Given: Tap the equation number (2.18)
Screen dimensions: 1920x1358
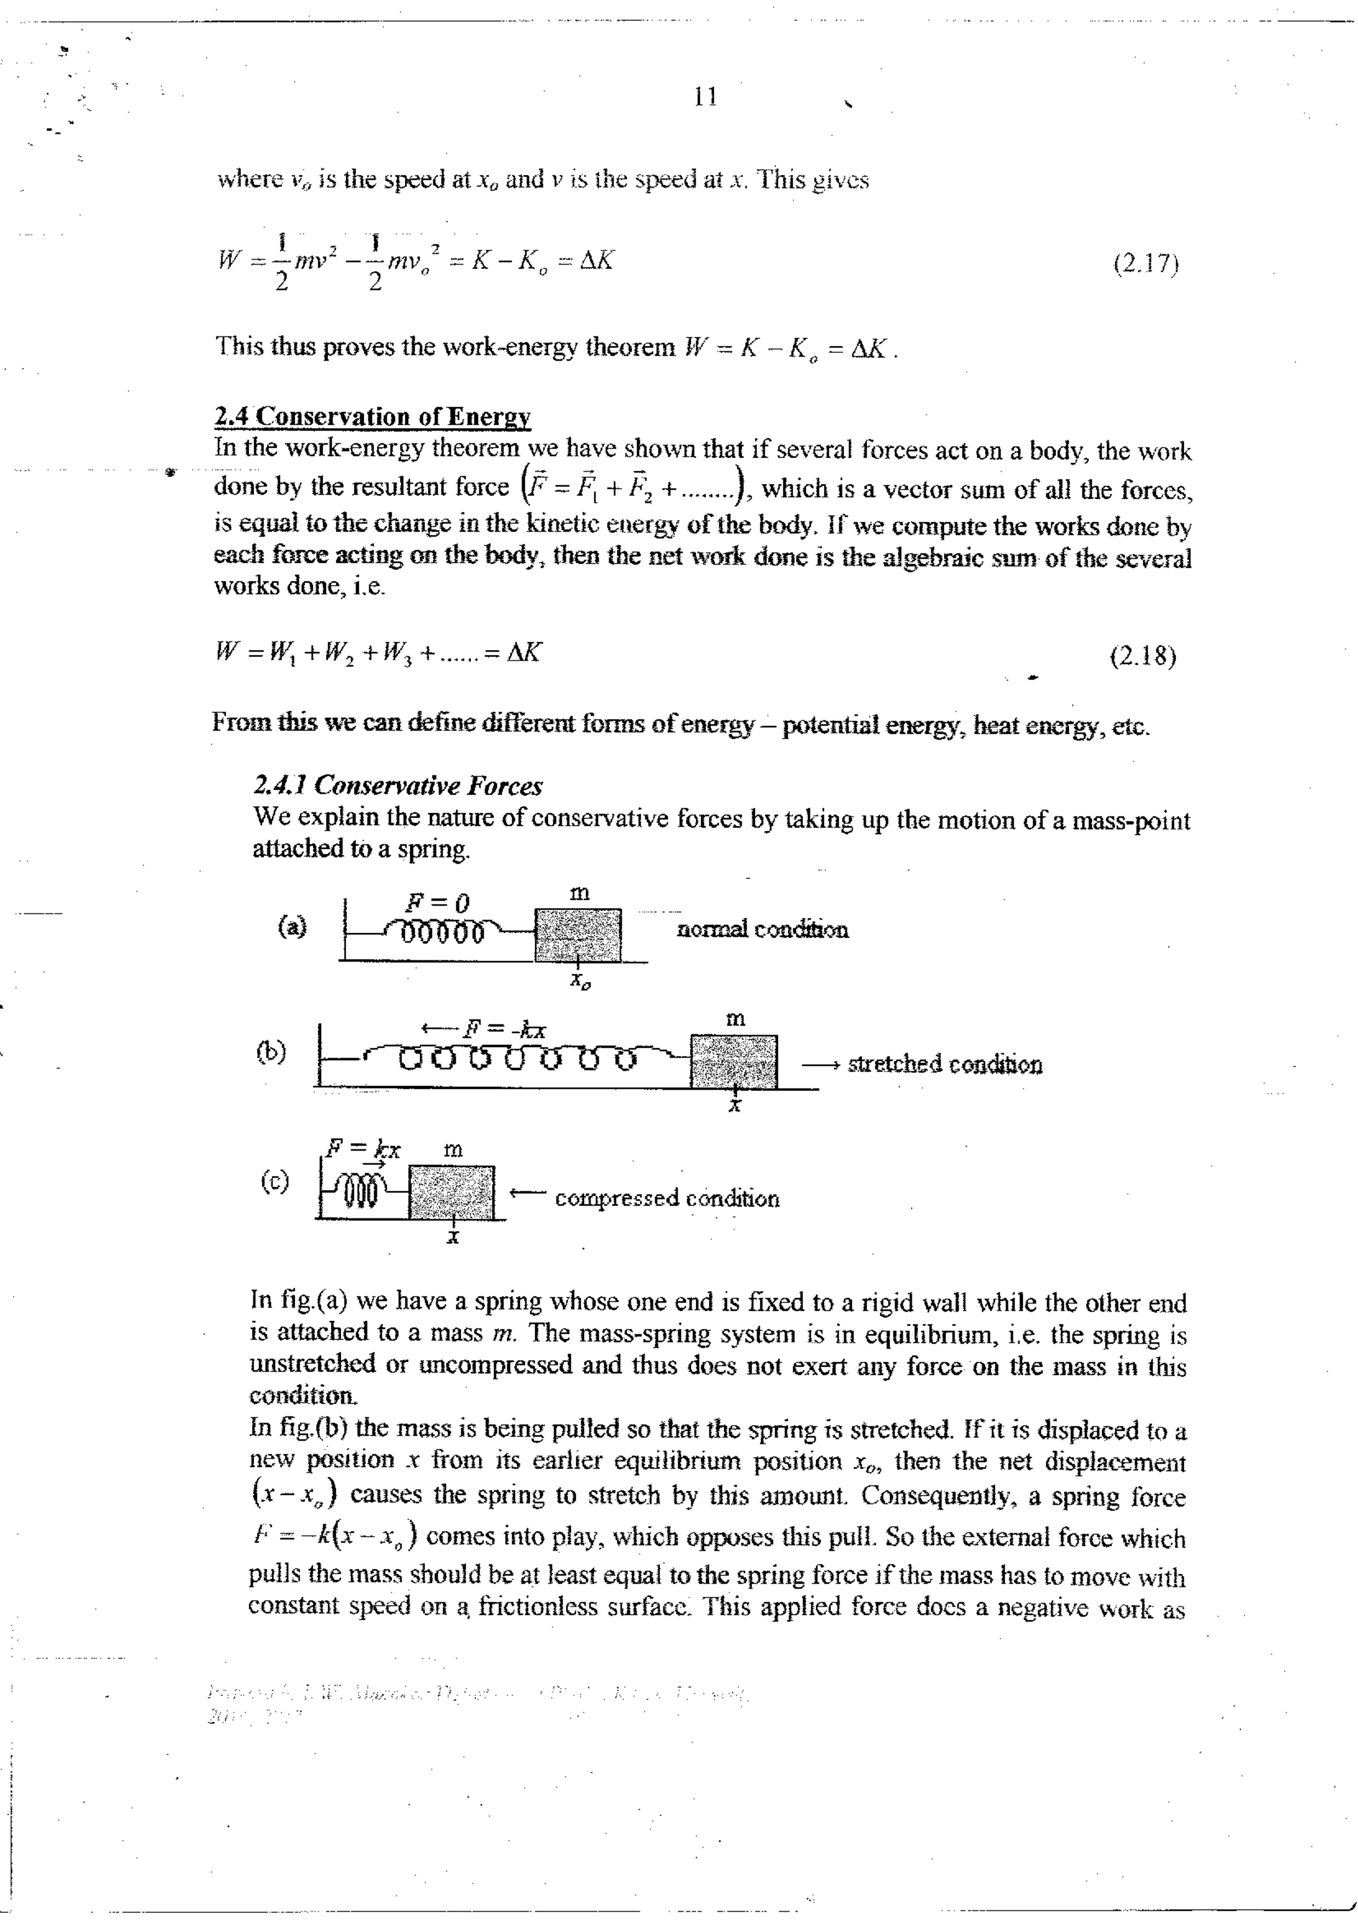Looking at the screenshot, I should [1142, 656].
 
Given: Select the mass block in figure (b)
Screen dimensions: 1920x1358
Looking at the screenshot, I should [734, 1061].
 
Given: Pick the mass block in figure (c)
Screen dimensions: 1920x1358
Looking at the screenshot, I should [451, 1192].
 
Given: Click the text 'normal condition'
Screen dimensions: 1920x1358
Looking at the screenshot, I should [763, 930].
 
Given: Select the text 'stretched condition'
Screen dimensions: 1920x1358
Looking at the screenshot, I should [945, 1065].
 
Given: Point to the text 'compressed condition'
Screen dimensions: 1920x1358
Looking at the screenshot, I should [667, 1198].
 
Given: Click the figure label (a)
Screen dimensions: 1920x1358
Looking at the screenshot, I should [292, 925].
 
